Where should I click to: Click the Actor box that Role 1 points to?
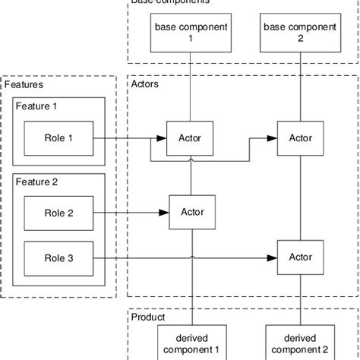190,138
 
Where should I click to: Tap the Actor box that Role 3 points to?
300,257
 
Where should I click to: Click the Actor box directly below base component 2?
300,138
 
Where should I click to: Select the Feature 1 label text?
35,107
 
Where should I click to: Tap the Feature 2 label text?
35,182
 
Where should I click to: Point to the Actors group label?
146,85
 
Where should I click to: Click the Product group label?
148,317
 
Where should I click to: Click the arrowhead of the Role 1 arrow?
161,138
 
